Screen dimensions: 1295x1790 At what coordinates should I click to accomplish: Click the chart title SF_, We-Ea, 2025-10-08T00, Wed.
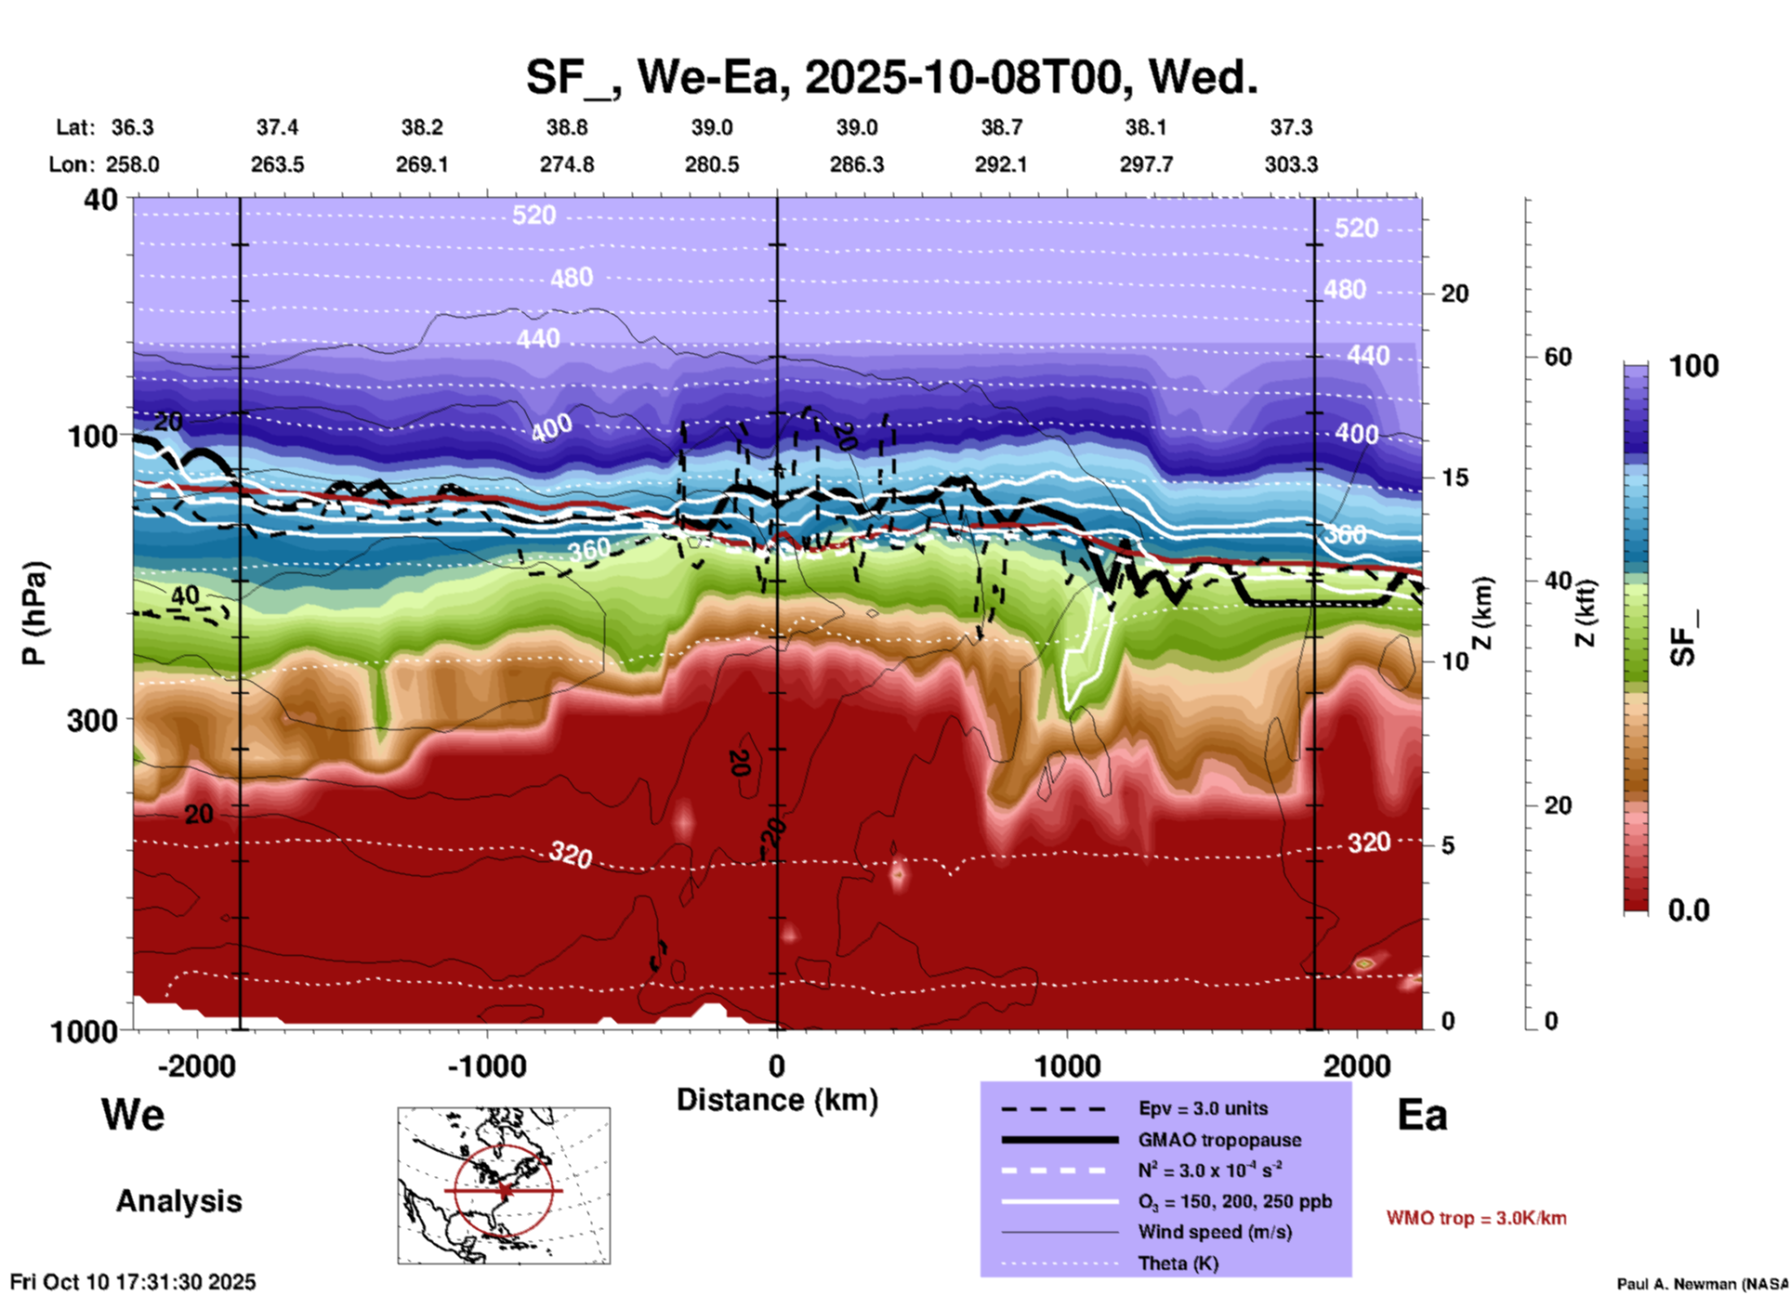[891, 76]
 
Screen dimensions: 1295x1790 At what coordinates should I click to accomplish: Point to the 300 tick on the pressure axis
[93, 720]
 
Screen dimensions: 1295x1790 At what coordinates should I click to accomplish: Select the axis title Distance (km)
[777, 1100]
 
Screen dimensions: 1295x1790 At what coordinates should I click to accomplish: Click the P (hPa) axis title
[34, 613]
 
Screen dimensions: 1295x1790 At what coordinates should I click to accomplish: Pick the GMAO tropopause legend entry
[1219, 1140]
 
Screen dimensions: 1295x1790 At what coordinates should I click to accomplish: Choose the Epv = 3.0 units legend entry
[1203, 1108]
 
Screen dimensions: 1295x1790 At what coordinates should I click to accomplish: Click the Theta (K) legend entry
[1178, 1263]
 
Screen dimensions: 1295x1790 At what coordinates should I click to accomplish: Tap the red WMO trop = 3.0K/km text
[1476, 1218]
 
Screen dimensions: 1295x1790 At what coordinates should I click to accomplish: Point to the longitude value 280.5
[712, 164]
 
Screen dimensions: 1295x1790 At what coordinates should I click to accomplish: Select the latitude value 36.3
[132, 127]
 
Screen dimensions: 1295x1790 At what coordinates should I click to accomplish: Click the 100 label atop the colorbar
[1693, 366]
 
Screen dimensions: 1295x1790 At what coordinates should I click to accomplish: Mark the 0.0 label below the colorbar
[1689, 909]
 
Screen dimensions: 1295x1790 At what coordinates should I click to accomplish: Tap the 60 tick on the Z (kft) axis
[1558, 357]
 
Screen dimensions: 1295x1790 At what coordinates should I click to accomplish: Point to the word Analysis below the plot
[178, 1201]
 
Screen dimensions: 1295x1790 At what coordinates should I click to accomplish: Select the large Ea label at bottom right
[1422, 1116]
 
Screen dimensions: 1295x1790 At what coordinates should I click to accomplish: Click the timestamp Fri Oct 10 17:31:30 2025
[133, 1282]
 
